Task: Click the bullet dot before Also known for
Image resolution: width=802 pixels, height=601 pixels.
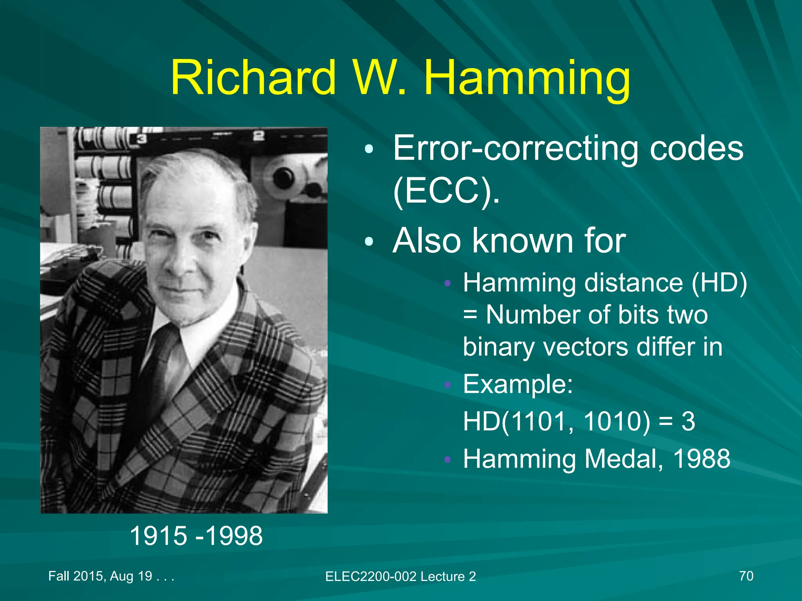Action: point(369,242)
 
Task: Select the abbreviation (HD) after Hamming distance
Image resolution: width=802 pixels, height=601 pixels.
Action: point(719,283)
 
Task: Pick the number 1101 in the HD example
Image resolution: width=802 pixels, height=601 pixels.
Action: point(536,421)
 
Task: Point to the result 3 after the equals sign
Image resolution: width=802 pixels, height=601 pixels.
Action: point(688,421)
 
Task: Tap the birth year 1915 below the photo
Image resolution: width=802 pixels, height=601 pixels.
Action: point(158,536)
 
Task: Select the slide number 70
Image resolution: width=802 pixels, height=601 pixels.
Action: point(746,576)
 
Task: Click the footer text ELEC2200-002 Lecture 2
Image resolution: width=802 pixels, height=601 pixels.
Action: point(400,576)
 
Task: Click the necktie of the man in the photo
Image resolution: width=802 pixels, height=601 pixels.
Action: point(159,364)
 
